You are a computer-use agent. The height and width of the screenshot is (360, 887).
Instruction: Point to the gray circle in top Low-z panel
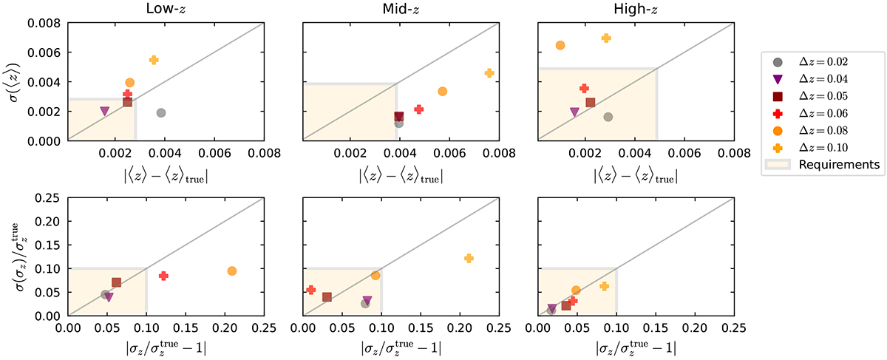[x=161, y=112]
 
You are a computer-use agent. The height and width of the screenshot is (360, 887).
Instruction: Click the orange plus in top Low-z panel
[x=154, y=60]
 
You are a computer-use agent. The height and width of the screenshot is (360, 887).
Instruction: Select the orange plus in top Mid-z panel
[x=489, y=73]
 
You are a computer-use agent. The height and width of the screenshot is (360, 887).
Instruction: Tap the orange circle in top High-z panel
[x=560, y=45]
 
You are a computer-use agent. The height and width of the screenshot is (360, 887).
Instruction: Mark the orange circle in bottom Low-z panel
[x=232, y=271]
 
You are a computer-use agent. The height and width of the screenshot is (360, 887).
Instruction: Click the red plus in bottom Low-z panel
[x=163, y=276]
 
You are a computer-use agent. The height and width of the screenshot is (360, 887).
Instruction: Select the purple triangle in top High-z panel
[x=574, y=112]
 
